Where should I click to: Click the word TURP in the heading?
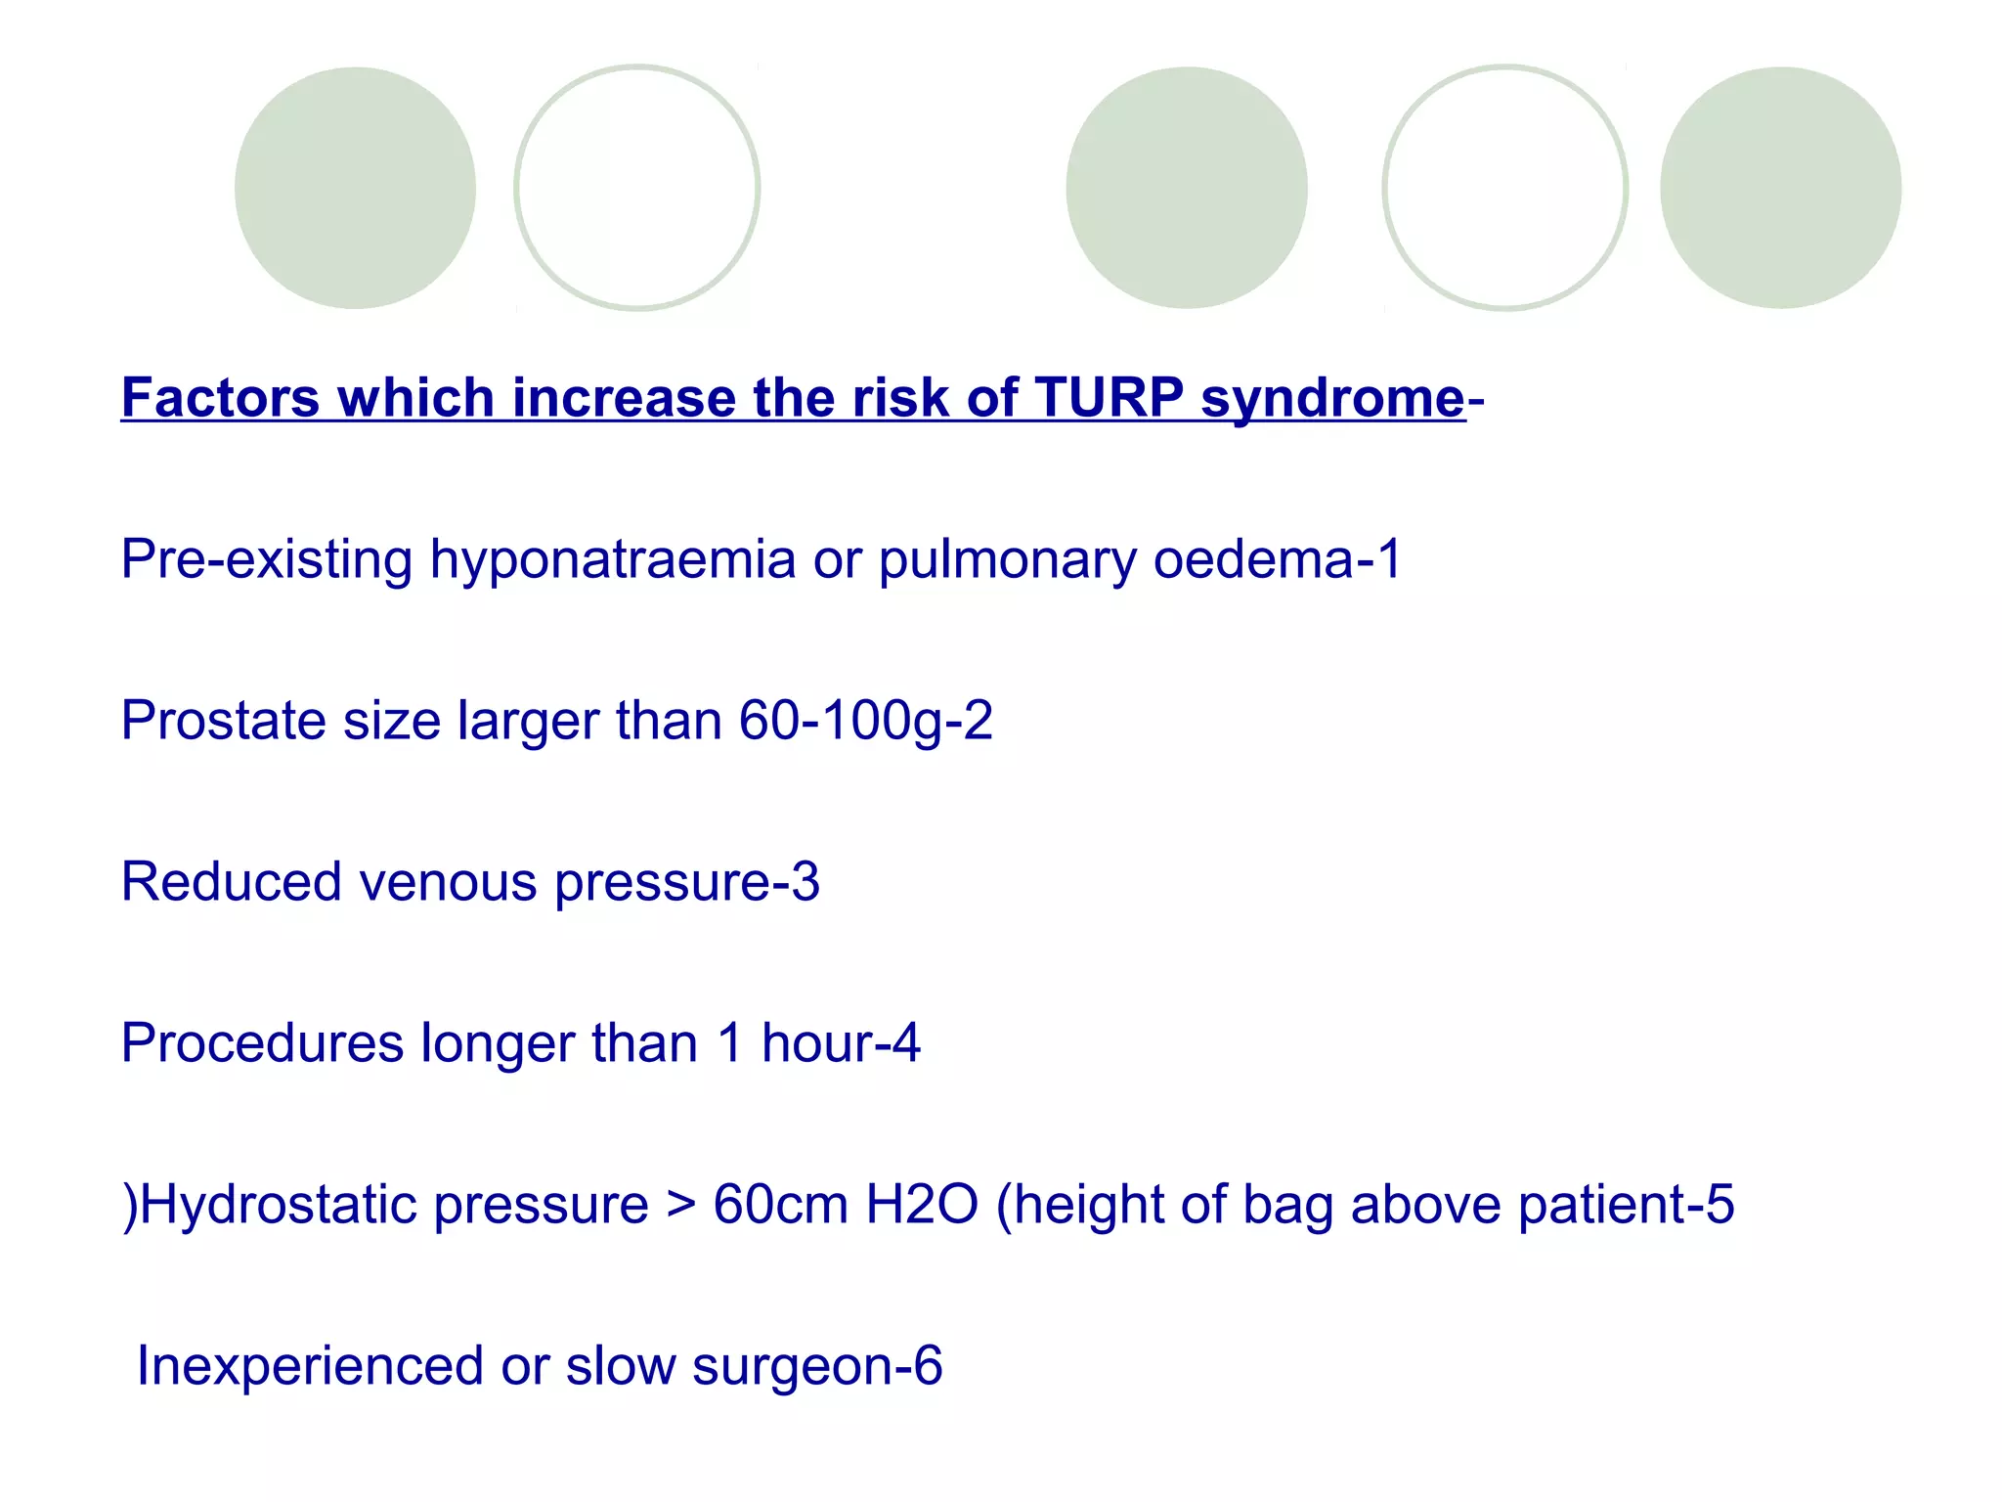tap(1109, 398)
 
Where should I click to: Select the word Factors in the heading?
tap(220, 398)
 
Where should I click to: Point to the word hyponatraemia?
tap(613, 561)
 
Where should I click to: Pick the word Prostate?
tap(223, 722)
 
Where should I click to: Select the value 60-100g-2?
tap(865, 722)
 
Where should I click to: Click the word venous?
tap(448, 882)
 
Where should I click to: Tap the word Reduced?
tap(231, 882)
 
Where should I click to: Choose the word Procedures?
tap(262, 1043)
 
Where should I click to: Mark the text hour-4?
tap(841, 1043)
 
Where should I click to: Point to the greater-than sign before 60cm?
tap(680, 1205)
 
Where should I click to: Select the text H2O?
tap(922, 1205)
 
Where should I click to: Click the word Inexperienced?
tap(310, 1366)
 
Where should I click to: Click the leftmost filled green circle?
tap(355, 188)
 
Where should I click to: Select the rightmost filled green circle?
tap(1780, 188)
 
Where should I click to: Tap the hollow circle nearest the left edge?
tap(637, 188)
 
